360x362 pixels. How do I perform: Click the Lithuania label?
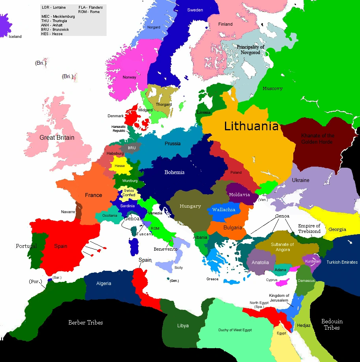pos(251,126)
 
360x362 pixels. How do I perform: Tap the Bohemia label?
pos(174,172)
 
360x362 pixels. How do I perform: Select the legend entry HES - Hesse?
pos(52,34)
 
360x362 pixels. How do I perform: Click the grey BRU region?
pos(131,148)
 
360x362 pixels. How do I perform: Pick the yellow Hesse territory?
pos(119,165)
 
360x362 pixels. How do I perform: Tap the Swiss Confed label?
pos(129,193)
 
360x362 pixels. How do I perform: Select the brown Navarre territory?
pos(79,211)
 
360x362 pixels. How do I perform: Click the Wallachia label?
pos(224,210)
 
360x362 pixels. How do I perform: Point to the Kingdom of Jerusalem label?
pos(279,298)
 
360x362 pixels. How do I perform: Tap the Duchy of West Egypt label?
pos(235,330)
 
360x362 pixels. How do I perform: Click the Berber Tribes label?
pos(86,323)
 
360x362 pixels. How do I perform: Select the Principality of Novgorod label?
pos(251,49)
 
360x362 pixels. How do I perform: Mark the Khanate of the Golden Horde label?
pos(317,139)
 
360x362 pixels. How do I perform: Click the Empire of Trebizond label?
pos(309,229)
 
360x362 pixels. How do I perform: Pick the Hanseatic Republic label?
pos(119,129)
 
